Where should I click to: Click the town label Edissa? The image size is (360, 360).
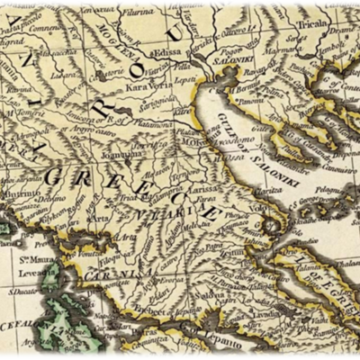coord(168,52)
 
